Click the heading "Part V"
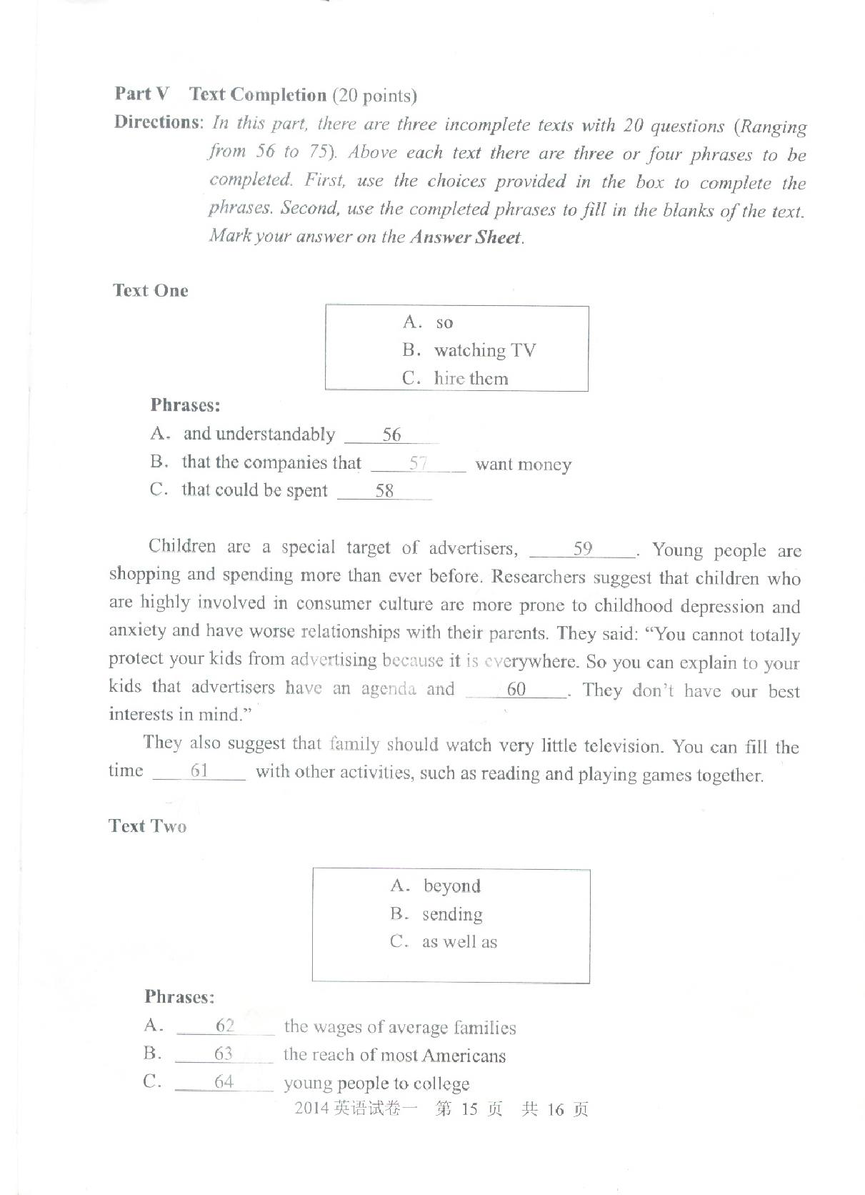(142, 94)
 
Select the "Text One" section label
(150, 291)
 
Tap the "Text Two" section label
(147, 826)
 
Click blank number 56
(391, 435)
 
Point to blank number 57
(418, 463)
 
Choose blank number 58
(384, 491)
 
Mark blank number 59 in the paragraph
(583, 549)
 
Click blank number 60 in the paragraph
(516, 690)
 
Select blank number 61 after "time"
(199, 771)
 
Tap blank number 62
(225, 1026)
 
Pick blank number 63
(224, 1054)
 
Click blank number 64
(224, 1082)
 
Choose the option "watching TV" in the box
(484, 350)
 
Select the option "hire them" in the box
(471, 378)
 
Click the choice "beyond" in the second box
(451, 886)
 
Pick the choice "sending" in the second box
(452, 915)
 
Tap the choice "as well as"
(459, 942)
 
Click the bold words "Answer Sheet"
(466, 237)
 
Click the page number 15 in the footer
(469, 1109)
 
